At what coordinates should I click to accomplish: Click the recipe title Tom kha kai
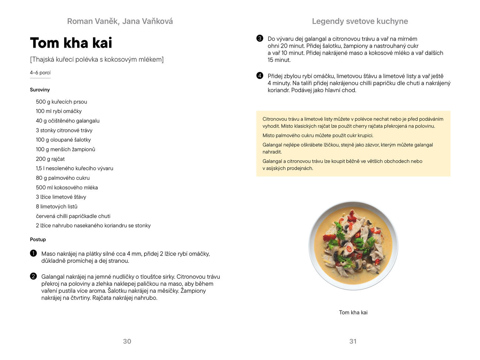71,43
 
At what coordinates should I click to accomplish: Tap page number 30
127,341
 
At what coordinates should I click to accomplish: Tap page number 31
353,341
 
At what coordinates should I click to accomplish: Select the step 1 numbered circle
34,253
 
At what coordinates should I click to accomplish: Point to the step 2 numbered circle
34,276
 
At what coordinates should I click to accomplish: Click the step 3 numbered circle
260,38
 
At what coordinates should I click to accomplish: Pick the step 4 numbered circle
260,76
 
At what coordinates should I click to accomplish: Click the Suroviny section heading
40,90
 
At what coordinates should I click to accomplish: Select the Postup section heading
38,239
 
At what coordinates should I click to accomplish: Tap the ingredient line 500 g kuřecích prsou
61,102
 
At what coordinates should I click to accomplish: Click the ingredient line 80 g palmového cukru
63,178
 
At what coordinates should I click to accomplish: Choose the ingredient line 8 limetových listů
56,206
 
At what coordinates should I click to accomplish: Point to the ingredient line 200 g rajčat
50,159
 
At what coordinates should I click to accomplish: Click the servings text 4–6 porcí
40,73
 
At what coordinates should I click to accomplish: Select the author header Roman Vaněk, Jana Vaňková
120,21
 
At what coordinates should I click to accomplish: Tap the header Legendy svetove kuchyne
360,21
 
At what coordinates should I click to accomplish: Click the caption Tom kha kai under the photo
353,312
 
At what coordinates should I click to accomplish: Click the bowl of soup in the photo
353,246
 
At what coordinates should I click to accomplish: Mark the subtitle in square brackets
97,59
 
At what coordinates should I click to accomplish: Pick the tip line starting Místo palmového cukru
318,136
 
